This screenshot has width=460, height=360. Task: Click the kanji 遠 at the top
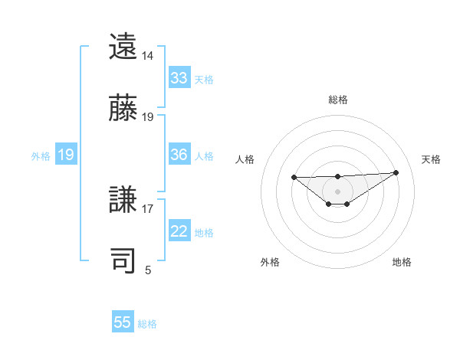[x=123, y=47]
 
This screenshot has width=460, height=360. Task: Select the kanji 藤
[x=123, y=108]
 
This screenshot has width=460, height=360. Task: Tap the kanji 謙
[x=123, y=200]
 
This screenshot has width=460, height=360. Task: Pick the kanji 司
[x=123, y=260]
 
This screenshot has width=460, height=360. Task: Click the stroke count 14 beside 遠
[x=148, y=56]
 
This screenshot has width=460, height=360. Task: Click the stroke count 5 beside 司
[x=148, y=270]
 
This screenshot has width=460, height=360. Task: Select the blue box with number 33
[x=179, y=78]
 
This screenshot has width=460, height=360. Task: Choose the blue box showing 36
[x=179, y=155]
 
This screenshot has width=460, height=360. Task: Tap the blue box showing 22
[x=179, y=231]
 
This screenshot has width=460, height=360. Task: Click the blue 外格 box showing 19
[x=65, y=155]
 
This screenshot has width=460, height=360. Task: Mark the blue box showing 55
[x=123, y=322]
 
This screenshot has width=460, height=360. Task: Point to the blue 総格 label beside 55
[x=147, y=323]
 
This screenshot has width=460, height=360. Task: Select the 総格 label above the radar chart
[x=338, y=100]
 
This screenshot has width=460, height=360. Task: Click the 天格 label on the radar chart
[x=431, y=159]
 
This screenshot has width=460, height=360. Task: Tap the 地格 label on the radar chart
[x=402, y=262]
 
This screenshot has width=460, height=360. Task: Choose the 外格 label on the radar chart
[x=270, y=262]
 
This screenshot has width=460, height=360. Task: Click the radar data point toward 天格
[x=396, y=172]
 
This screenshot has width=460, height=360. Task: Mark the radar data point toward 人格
[x=294, y=178]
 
